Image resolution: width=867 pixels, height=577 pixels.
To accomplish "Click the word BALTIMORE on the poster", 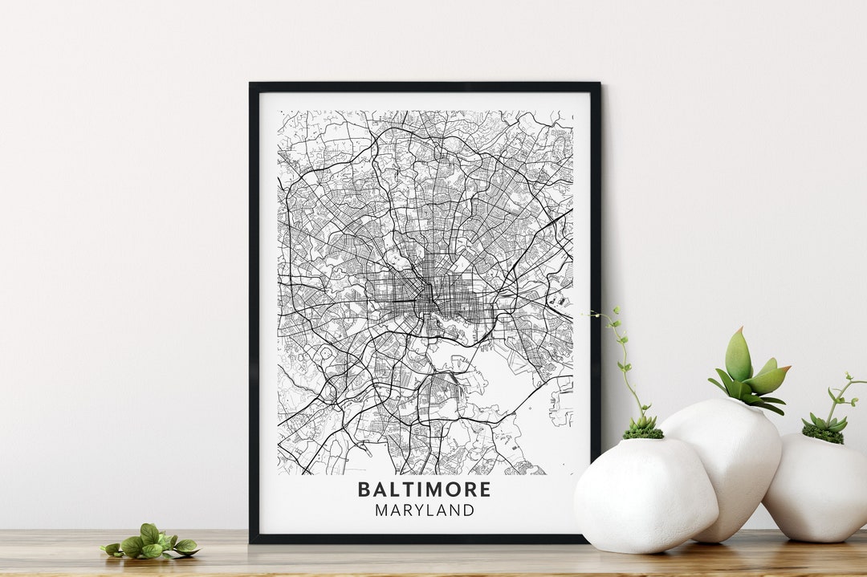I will tap(424, 490).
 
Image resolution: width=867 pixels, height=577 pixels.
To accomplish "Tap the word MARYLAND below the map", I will tap(424, 510).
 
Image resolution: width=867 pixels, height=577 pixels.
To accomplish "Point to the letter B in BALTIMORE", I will tap(364, 490).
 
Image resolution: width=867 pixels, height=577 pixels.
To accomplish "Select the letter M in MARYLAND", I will tap(381, 510).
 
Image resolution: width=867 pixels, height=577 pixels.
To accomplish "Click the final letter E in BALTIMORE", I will tap(485, 490).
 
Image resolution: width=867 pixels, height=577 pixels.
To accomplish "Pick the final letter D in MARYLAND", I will tap(469, 510).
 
